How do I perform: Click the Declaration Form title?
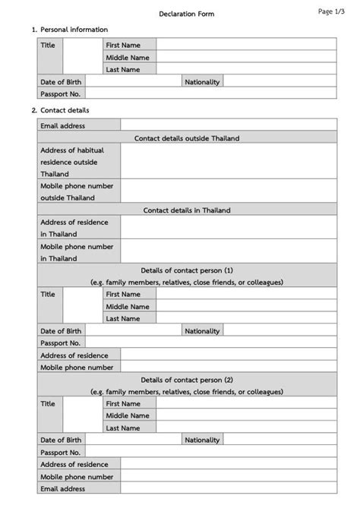click(187, 14)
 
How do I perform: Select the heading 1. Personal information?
click(69, 30)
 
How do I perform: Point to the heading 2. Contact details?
click(61, 110)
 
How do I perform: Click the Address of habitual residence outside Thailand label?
click(73, 162)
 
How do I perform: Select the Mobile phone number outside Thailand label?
click(77, 191)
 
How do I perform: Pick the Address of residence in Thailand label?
click(74, 228)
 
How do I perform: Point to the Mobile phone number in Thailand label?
click(77, 252)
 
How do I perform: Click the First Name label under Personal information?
click(123, 46)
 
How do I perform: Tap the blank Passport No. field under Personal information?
click(210, 93)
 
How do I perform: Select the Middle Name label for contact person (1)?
click(128, 307)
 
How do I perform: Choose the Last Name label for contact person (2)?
click(123, 428)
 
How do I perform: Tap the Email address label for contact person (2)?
click(63, 489)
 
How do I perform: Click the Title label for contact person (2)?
click(48, 404)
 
